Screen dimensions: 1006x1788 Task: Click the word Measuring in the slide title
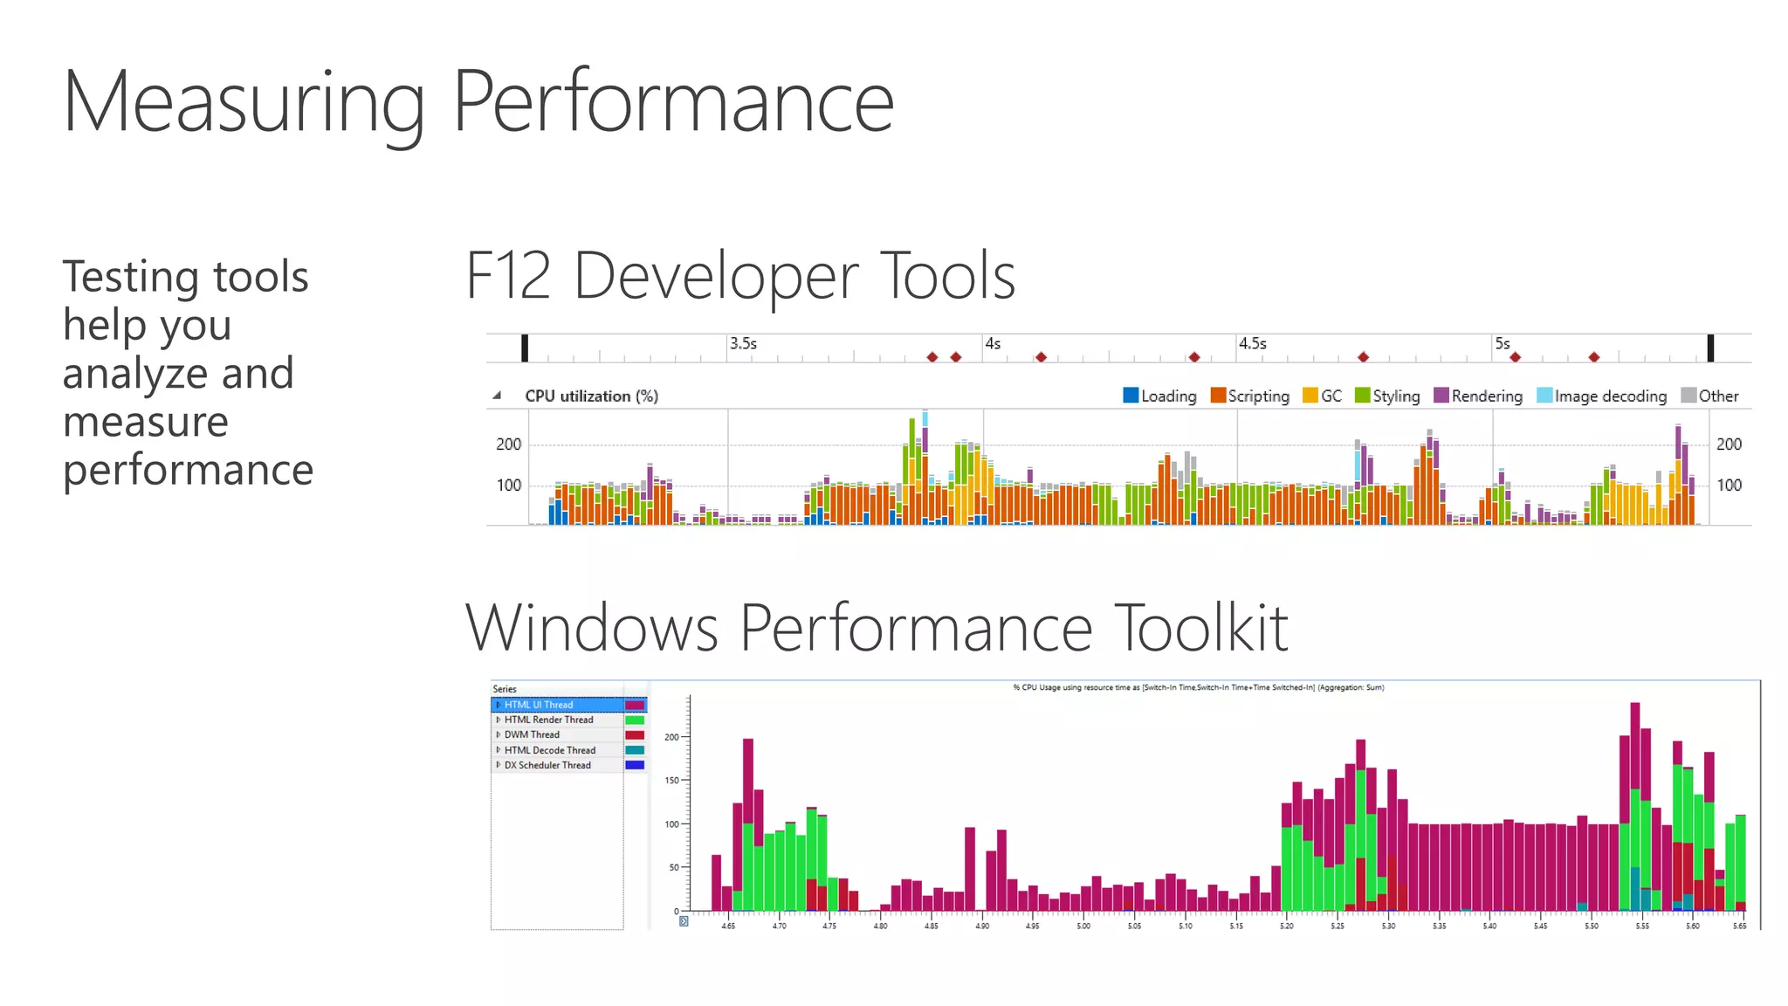click(x=244, y=103)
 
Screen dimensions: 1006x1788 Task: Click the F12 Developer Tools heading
click(x=740, y=276)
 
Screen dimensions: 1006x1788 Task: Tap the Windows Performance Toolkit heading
click(x=877, y=628)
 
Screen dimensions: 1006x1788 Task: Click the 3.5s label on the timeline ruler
click(x=743, y=344)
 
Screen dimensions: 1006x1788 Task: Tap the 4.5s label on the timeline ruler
click(x=1252, y=344)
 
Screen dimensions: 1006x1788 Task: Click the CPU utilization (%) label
click(x=591, y=396)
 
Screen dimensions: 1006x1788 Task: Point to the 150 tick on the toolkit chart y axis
click(x=671, y=781)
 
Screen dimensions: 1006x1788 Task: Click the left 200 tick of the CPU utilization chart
click(x=508, y=444)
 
